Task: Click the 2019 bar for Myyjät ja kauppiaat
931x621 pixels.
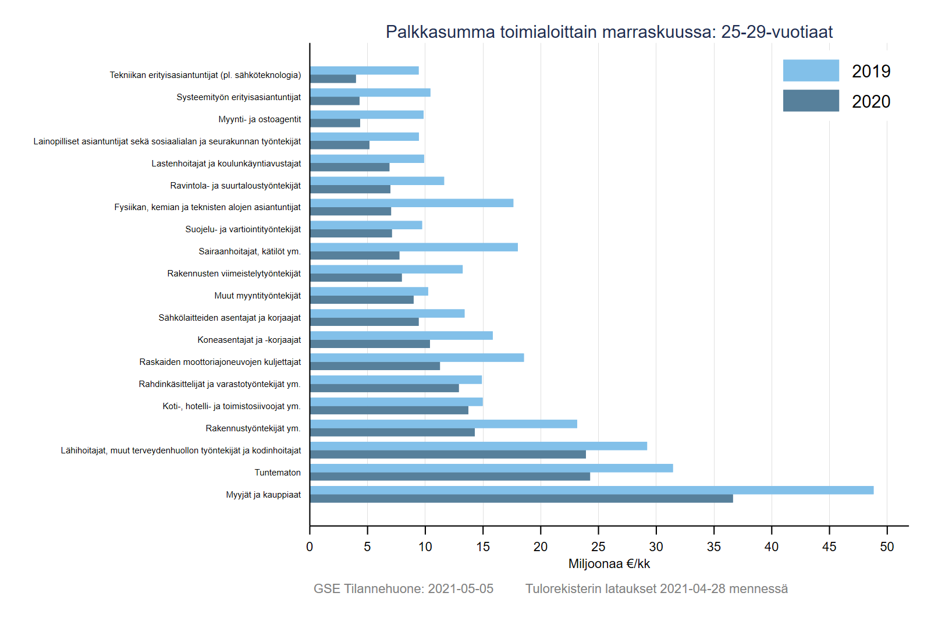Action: (x=591, y=490)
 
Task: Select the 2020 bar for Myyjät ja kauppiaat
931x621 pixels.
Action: (x=521, y=499)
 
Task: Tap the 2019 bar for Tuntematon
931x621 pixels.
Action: (x=491, y=468)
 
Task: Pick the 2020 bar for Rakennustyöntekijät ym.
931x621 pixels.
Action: (x=392, y=432)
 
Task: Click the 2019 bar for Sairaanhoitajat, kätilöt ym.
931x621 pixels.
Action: (x=414, y=247)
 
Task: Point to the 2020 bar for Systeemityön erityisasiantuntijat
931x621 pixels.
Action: (x=335, y=101)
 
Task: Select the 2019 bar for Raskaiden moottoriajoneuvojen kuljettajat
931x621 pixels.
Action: (x=417, y=357)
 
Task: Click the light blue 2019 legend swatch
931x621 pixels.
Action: (x=811, y=70)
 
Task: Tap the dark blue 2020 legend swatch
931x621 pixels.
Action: (x=811, y=101)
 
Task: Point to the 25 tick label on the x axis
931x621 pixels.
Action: (x=598, y=547)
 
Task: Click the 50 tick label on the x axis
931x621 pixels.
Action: (x=887, y=547)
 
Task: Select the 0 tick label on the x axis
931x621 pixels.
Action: (x=310, y=547)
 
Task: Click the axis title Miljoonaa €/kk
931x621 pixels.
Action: (x=609, y=564)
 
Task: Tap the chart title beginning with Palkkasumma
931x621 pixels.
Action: (x=609, y=32)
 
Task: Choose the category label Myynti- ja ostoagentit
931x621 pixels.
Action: (x=260, y=119)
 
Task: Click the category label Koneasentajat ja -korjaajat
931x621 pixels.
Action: (x=249, y=340)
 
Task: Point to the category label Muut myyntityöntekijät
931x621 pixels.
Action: (x=257, y=296)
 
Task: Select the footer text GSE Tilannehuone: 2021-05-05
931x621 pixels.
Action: (x=403, y=589)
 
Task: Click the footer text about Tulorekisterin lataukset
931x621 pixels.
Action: (x=656, y=589)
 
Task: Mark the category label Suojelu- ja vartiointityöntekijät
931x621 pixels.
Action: (x=243, y=229)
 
